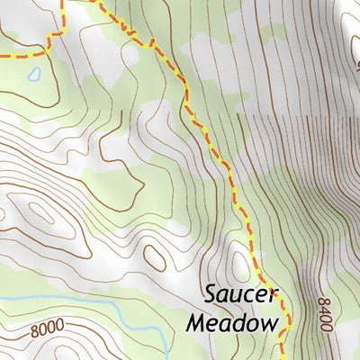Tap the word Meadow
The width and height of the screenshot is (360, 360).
tap(229, 322)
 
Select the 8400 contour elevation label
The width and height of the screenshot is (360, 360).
tap(325, 314)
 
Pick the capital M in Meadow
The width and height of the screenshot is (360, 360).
tap(194, 321)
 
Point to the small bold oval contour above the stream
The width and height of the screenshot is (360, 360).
tap(154, 258)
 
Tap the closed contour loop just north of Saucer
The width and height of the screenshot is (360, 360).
tap(239, 265)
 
